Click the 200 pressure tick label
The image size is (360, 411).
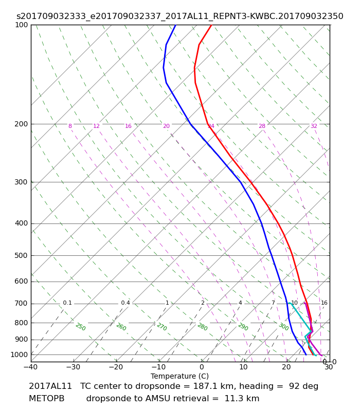21,124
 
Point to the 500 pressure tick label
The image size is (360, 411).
21,255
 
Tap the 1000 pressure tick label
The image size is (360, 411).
19,355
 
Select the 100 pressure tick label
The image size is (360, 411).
21,25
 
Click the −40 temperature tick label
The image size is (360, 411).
31,367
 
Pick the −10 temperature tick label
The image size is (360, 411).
159,367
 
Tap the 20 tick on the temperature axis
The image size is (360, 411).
286,367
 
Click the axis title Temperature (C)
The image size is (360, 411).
179,376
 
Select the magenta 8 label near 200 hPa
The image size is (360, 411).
70,126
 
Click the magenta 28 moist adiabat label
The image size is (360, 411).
262,126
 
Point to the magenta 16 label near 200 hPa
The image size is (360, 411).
128,126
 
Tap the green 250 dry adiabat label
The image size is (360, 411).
81,327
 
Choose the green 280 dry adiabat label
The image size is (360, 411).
203,327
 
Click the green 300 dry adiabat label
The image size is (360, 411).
284,327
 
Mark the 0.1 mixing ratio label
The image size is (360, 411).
67,303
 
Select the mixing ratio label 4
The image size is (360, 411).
240,303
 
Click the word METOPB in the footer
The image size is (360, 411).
47,399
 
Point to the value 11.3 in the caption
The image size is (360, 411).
233,399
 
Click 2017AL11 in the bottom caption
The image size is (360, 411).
50,386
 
